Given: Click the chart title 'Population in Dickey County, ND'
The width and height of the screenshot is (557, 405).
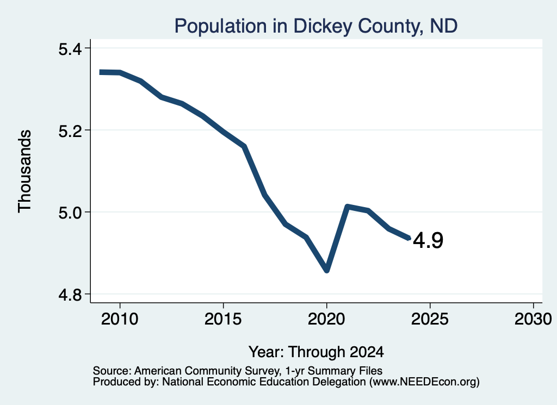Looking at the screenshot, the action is point(316,26).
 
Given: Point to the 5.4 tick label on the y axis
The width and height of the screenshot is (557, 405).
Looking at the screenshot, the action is point(70,49).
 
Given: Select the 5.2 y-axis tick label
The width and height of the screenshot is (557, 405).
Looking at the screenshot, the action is point(70,131).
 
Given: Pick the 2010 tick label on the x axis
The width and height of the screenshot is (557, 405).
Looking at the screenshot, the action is point(120,319).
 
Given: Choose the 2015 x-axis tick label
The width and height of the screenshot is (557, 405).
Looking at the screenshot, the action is point(223,319).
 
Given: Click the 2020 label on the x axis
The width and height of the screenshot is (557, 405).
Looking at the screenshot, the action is point(326,319).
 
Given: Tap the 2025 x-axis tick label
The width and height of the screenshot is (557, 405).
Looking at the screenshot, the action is point(430,319).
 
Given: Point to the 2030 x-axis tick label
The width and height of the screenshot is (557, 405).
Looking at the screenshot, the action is point(533,319).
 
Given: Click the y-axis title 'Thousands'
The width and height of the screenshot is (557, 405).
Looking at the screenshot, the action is point(25,171).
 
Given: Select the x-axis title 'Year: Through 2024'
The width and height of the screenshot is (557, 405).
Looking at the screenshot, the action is point(316,352).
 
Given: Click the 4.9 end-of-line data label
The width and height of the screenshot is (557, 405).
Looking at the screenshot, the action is point(429,240).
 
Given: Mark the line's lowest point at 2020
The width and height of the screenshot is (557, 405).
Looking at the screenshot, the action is point(327,271).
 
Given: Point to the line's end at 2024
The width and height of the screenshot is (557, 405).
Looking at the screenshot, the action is point(409,238).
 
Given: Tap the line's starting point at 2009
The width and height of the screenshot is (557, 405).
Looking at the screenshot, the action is point(100,72).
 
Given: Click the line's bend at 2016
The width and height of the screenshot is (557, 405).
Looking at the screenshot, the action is point(244,146).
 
